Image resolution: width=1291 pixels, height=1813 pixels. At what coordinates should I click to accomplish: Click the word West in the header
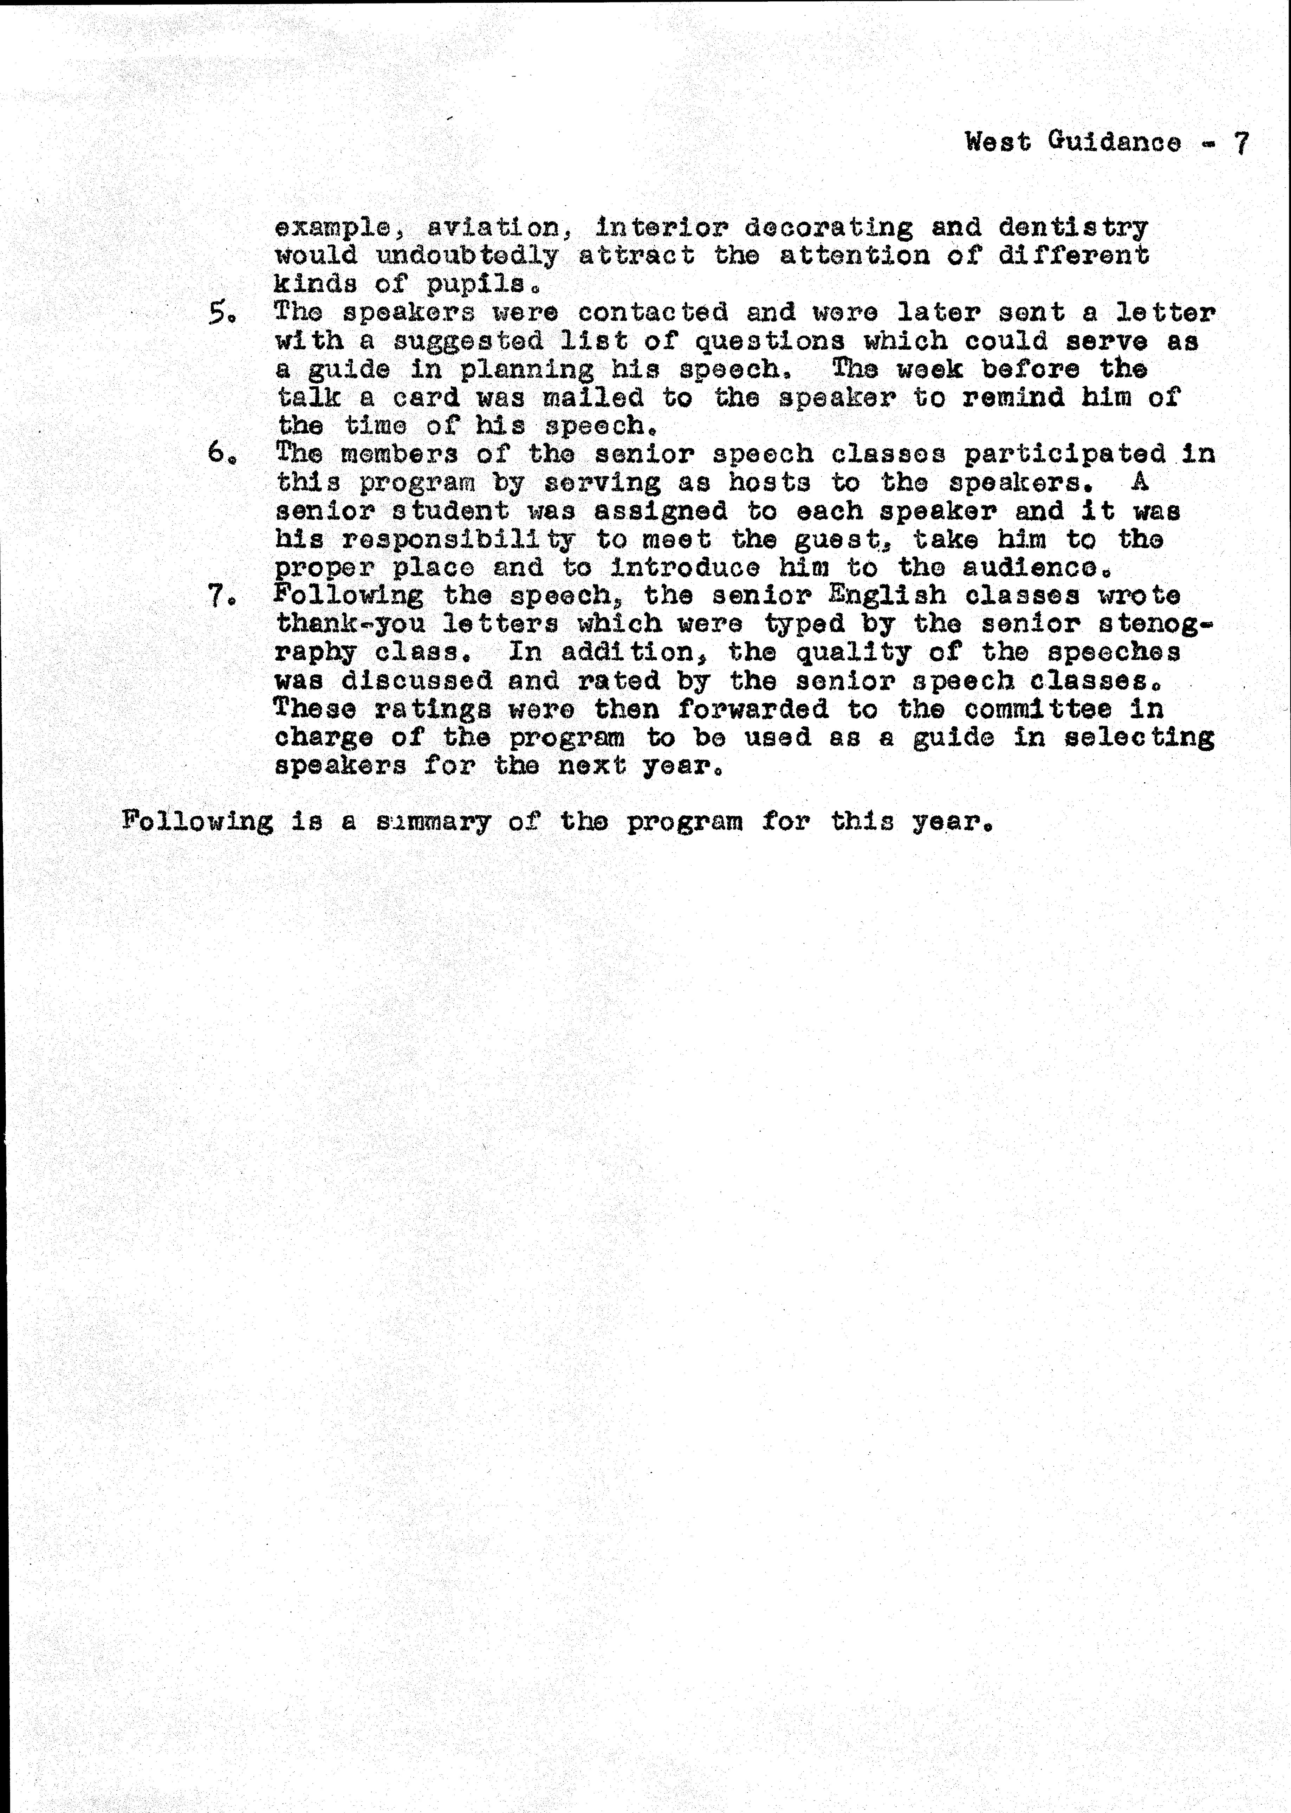tap(998, 142)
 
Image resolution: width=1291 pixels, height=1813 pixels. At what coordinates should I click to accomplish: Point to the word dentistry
tap(1073, 228)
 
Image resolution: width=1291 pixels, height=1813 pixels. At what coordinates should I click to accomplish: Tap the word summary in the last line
tap(433, 821)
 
